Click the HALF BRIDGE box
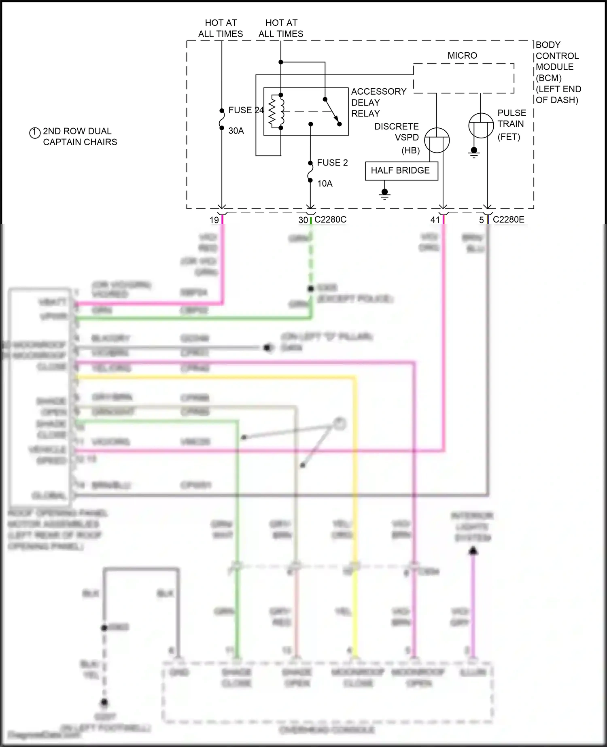click(401, 171)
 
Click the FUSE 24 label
click(246, 110)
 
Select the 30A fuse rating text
click(236, 131)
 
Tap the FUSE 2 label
click(332, 163)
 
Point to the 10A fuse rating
click(325, 184)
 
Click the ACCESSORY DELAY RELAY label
click(378, 102)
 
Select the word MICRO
click(462, 55)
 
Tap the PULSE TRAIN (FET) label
click(511, 124)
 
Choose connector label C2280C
click(330, 219)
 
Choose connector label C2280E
click(508, 219)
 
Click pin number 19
click(214, 220)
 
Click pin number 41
click(435, 220)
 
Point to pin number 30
click(303, 220)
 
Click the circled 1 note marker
click(35, 132)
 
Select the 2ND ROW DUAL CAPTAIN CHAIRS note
click(80, 137)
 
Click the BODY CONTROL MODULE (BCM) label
click(558, 72)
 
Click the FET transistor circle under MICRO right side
click(481, 125)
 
